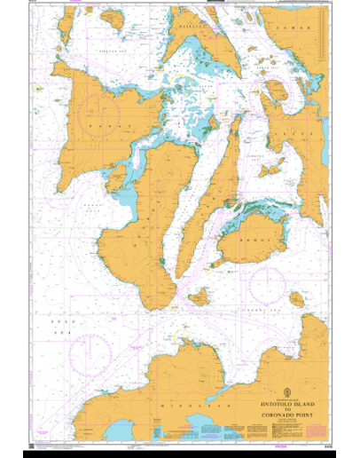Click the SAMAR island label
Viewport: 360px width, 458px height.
[305, 28]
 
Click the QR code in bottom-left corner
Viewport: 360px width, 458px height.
[33, 445]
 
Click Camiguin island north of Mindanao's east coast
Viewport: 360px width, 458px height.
[296, 300]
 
